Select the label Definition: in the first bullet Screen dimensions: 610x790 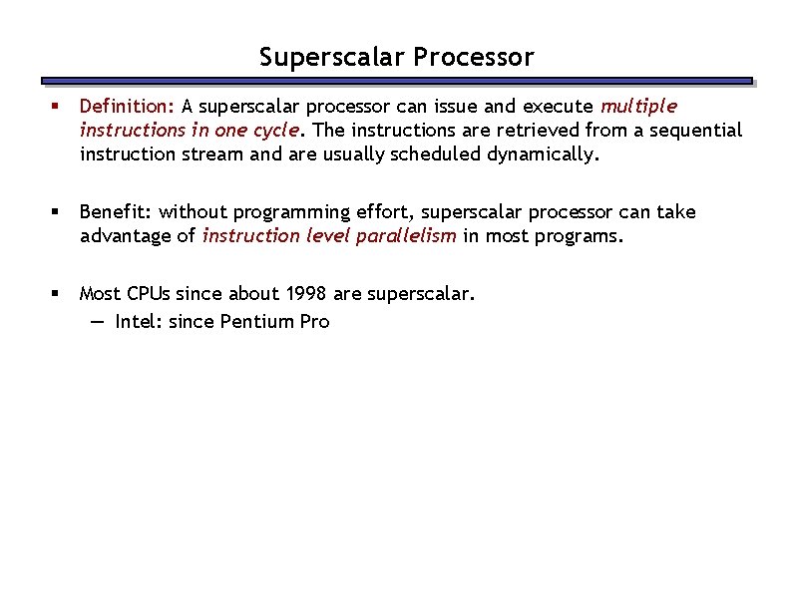pos(128,106)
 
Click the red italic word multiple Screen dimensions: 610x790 pos(638,106)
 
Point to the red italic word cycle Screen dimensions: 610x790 pos(273,130)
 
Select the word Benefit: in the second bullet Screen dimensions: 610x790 pos(116,211)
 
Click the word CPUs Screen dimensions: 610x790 pos(147,293)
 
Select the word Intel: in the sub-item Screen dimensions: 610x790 pos(139,321)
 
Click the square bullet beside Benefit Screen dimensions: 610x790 pos(60,211)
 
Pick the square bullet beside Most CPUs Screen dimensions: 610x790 pos(60,293)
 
